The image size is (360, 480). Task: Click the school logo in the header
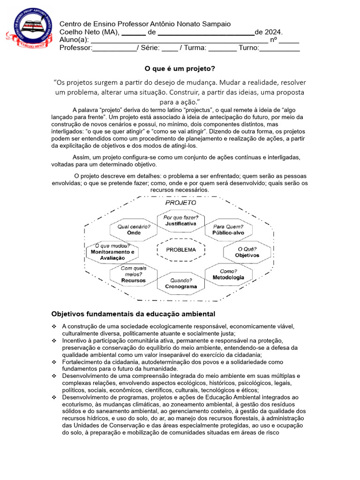29,30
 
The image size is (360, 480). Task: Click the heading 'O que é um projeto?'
180,68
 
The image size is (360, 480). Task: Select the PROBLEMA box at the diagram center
181,250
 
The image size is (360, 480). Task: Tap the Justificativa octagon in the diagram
180,221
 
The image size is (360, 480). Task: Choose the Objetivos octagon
247,252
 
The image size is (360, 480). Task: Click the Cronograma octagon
181,283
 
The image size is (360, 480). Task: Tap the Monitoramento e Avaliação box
112,252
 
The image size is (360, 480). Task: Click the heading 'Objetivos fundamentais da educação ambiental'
133,314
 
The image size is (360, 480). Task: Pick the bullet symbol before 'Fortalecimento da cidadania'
54,362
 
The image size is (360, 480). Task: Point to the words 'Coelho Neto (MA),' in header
90,32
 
